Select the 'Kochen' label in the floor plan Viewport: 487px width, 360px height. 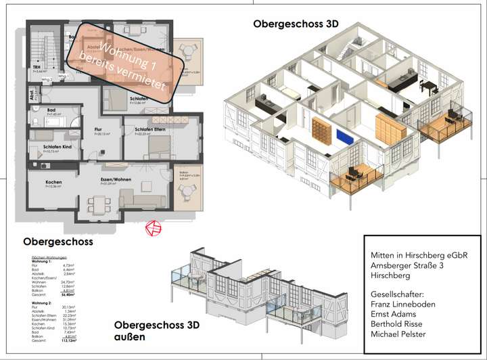(x=53, y=183)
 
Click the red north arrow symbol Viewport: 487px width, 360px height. (x=154, y=229)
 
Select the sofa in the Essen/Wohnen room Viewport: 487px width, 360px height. (x=141, y=198)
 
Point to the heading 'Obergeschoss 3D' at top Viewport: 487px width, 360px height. (x=296, y=24)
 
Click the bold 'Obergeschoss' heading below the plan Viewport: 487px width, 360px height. (x=57, y=241)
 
